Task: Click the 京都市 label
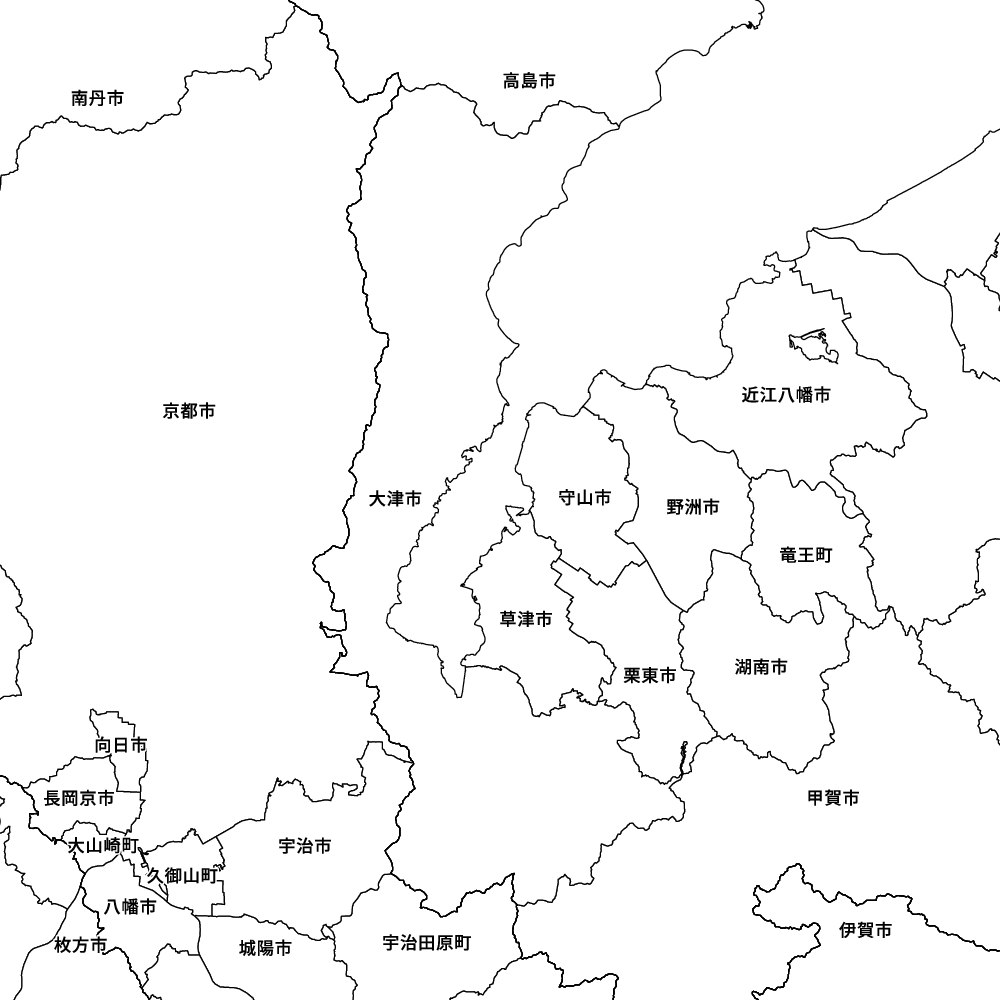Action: pos(188,411)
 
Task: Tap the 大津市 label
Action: pos(395,498)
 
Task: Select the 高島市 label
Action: pos(529,81)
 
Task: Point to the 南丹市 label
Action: pos(97,98)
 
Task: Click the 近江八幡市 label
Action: pos(786,395)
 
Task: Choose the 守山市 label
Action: pos(584,498)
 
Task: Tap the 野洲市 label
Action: pos(693,507)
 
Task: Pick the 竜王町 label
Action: pos(806,554)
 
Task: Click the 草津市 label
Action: pos(526,620)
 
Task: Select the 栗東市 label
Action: pos(650,676)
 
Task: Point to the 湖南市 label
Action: pos(760,667)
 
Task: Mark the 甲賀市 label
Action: pos(833,797)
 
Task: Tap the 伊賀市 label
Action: pos(866,930)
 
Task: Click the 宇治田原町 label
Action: pos(426,943)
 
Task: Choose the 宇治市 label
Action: pos(305,846)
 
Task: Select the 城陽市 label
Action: pos(266,948)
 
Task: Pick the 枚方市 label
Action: pos(80,945)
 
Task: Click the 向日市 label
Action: pos(121,745)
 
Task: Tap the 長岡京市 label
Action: pos(79,798)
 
